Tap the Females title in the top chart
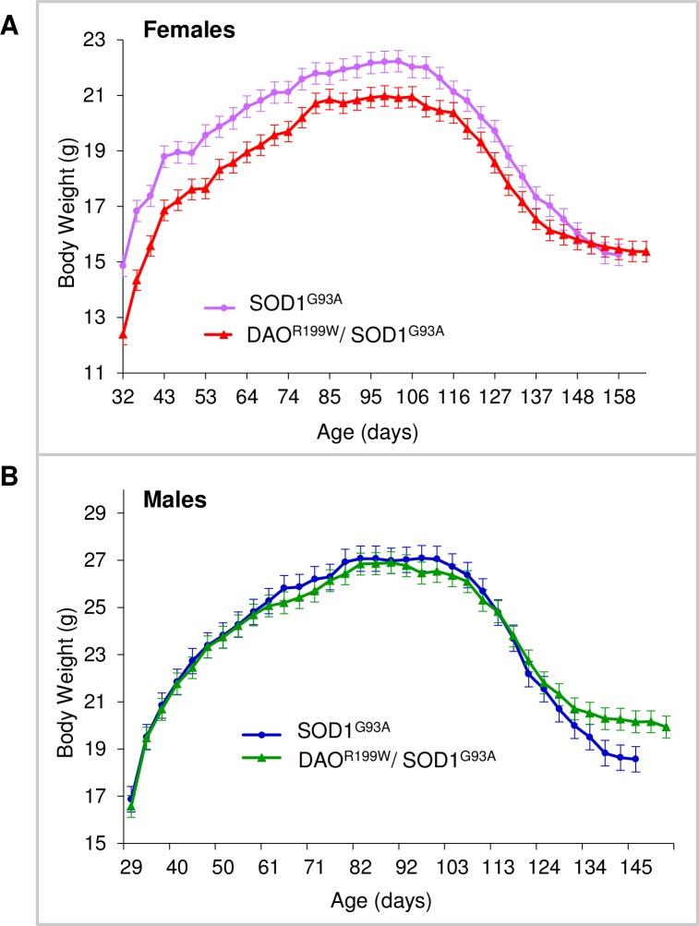[x=189, y=30]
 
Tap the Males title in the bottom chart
[x=175, y=501]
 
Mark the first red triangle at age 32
[x=122, y=334]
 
